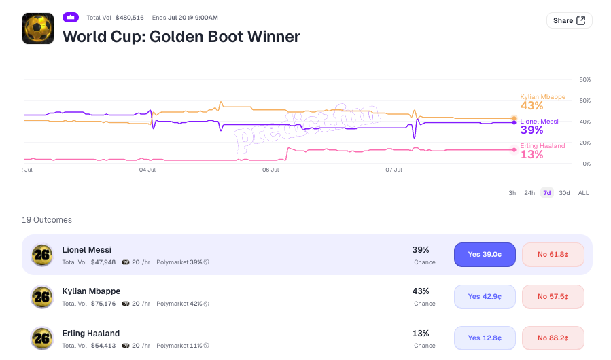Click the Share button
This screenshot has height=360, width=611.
click(570, 20)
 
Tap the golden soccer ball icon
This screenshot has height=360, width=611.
click(38, 29)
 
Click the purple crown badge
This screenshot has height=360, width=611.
click(71, 18)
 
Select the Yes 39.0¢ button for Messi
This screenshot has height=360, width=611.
click(485, 255)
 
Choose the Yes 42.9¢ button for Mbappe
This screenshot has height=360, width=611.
click(485, 297)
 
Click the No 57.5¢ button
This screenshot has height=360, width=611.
click(553, 297)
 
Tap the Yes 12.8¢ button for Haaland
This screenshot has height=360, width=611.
click(485, 338)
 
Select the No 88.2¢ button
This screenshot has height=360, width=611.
click(553, 338)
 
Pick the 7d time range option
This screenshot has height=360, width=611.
click(547, 193)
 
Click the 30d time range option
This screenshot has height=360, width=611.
click(564, 193)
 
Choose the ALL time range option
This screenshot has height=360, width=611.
click(583, 193)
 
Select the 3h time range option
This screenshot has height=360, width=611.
click(512, 193)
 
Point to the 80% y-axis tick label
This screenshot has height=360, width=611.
click(585, 79)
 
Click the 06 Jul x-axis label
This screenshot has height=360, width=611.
click(270, 170)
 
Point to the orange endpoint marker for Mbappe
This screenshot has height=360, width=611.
click(514, 118)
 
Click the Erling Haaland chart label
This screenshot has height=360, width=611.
click(542, 146)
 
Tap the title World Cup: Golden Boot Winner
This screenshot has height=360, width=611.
click(181, 37)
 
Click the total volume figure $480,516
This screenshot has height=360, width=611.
click(130, 18)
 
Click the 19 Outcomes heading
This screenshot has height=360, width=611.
click(47, 220)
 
